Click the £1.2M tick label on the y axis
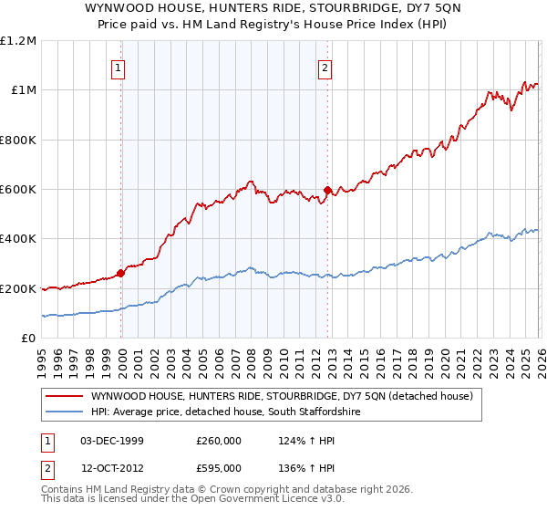pyautogui.click(x=18, y=41)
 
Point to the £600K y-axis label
pyautogui.click(x=18, y=190)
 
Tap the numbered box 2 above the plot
pyautogui.click(x=325, y=66)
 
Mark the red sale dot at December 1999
pyautogui.click(x=121, y=274)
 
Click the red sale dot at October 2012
pyautogui.click(x=327, y=190)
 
